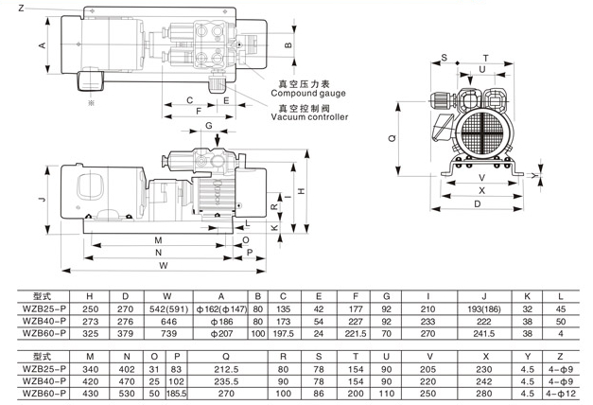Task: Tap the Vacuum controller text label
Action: coord(309,117)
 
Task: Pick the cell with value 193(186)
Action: coord(483,308)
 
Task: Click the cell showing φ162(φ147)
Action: coord(223,308)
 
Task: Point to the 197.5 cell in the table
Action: coord(283,334)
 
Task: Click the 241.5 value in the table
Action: coord(483,334)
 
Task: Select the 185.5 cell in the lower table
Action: coord(175,391)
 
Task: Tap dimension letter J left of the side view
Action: coord(30,201)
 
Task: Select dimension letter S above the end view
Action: coord(444,58)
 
